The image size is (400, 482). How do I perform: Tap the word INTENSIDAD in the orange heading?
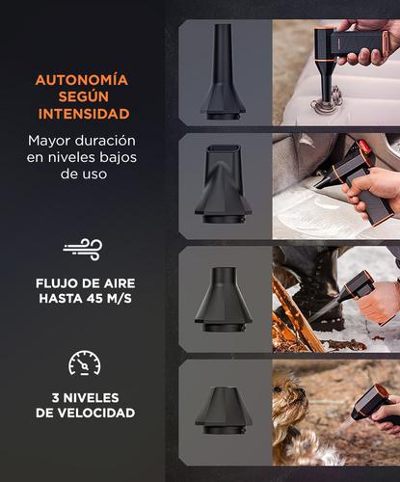pyautogui.click(x=82, y=114)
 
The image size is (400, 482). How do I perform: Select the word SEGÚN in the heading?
pyautogui.click(x=82, y=96)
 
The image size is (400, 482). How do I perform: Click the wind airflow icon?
pyautogui.click(x=82, y=250)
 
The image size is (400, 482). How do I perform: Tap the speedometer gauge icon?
pyautogui.click(x=83, y=362)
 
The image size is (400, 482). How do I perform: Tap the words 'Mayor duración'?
pyautogui.click(x=82, y=140)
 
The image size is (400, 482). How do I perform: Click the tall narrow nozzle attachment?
pyautogui.click(x=223, y=72)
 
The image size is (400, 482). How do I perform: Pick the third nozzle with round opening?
pyautogui.click(x=223, y=294)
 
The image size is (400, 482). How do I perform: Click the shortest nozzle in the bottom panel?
pyautogui.click(x=223, y=408)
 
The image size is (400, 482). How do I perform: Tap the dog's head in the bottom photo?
pyautogui.click(x=291, y=405)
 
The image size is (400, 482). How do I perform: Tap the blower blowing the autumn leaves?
pyautogui.click(x=355, y=289)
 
